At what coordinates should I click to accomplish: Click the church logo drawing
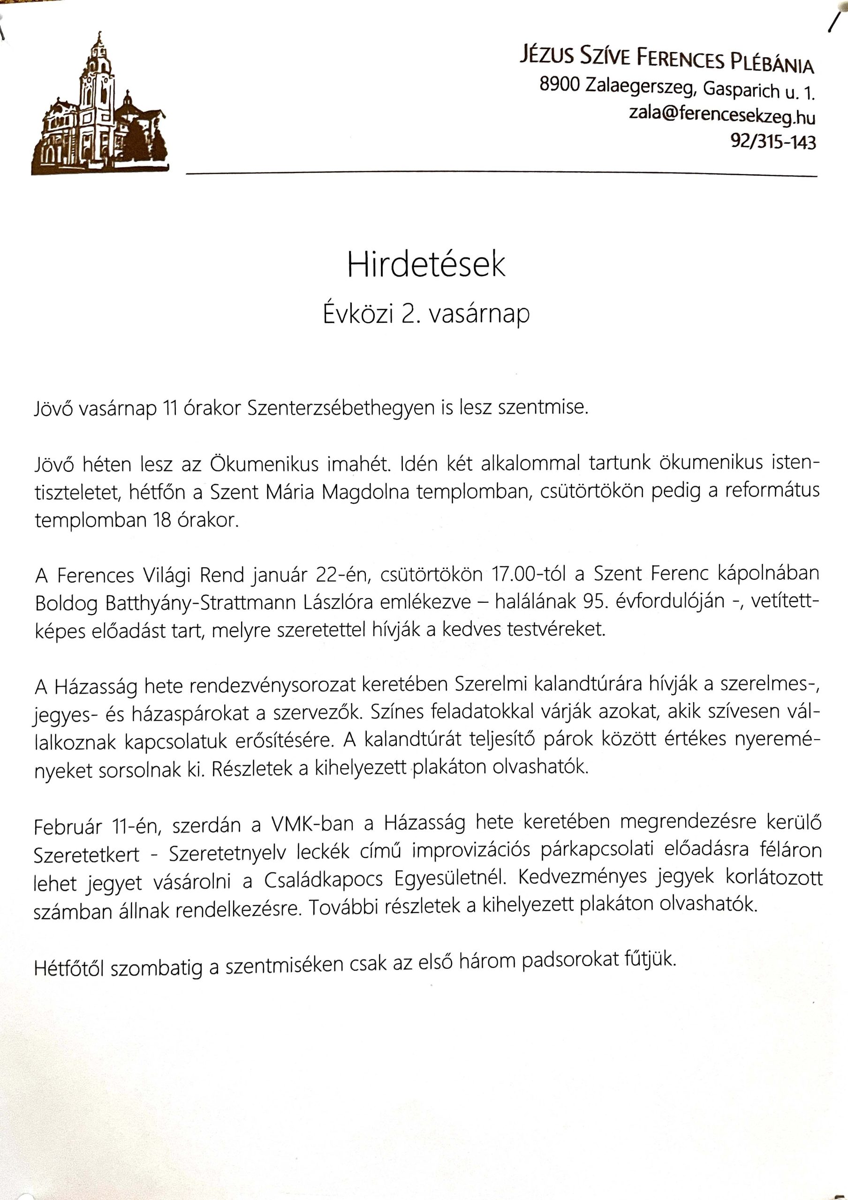coord(99,107)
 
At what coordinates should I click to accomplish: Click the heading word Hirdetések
coord(425,265)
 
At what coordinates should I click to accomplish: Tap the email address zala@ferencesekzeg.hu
coord(721,115)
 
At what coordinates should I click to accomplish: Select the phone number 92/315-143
coord(772,142)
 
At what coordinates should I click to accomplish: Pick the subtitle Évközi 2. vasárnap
coord(425,314)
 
